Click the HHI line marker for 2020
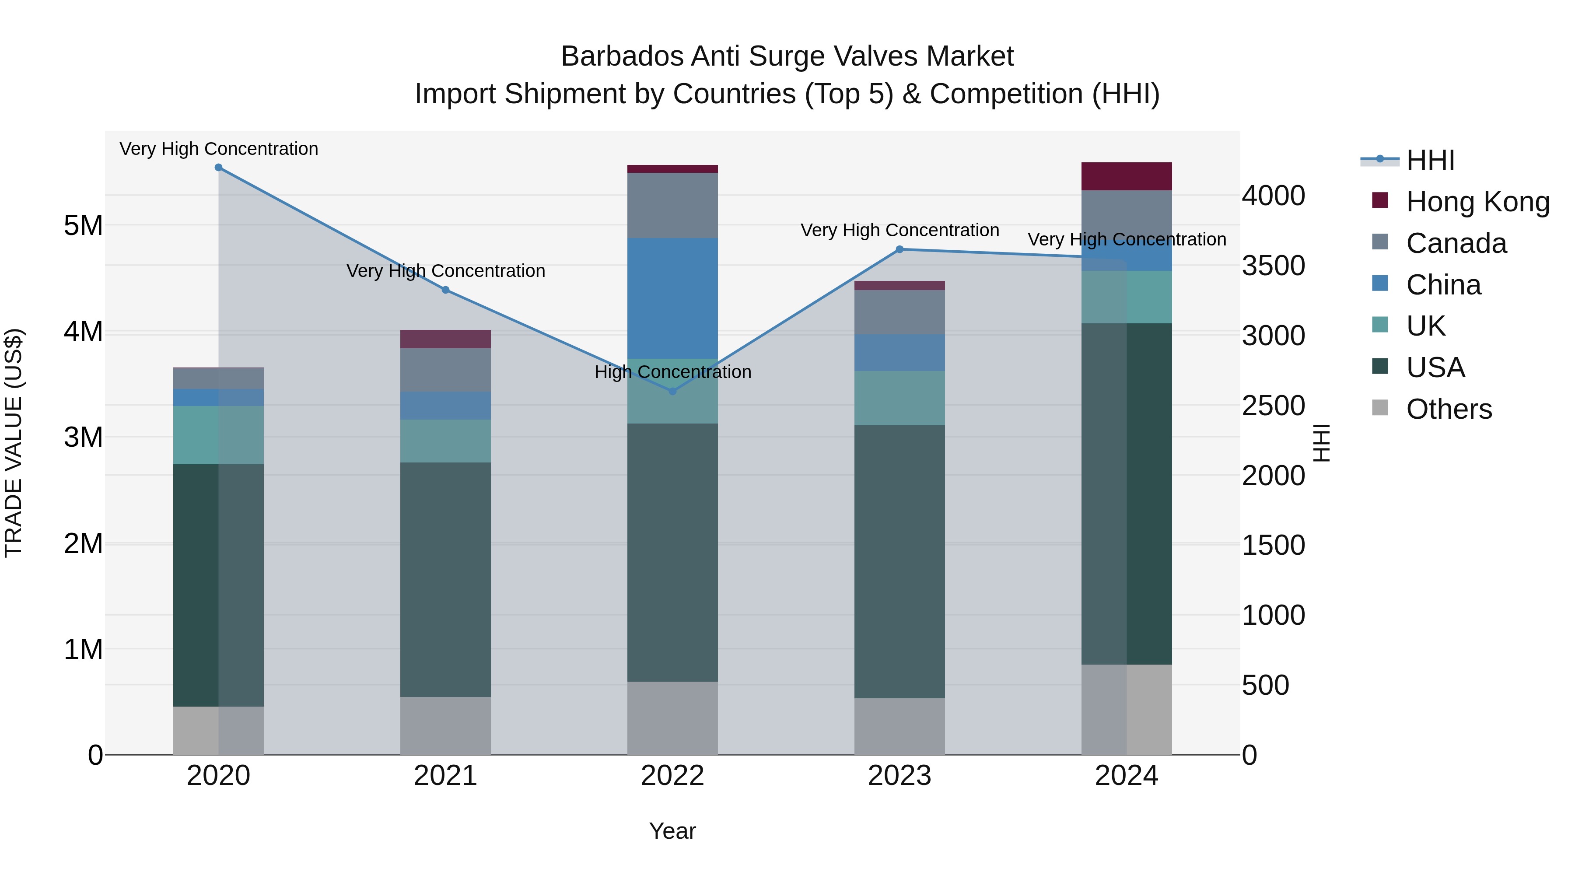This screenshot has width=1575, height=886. tap(218, 168)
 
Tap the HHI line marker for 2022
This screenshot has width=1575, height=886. tap(672, 391)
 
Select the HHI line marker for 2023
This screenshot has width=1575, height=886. tap(899, 249)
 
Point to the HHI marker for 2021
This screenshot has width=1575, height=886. tap(446, 290)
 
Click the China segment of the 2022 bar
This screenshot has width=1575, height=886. tap(672, 298)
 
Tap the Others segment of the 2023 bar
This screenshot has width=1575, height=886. tap(899, 726)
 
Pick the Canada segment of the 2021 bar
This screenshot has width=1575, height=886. tap(446, 369)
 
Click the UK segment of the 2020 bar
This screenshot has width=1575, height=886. tap(218, 435)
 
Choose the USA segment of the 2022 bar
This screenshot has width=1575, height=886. tap(672, 552)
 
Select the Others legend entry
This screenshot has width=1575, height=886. tap(1449, 409)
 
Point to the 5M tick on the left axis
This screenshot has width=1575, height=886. tap(84, 226)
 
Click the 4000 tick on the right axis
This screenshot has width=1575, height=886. tap(1274, 196)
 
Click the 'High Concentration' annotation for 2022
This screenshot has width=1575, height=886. tap(672, 372)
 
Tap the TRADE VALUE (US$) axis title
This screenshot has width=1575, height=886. tap(14, 443)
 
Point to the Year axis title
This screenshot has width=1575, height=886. tap(672, 831)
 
